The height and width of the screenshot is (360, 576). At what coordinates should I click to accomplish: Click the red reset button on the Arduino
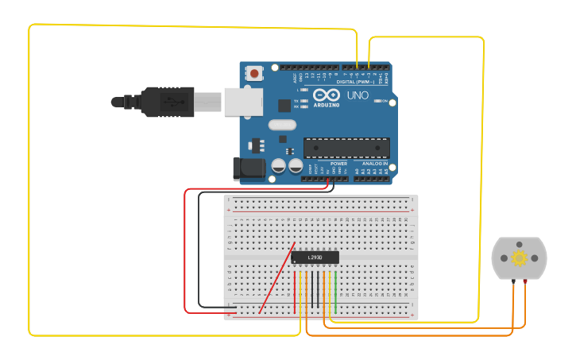point(254,73)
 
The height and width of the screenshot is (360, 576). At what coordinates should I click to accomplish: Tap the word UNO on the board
point(358,95)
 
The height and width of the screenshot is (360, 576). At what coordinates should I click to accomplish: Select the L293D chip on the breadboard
point(315,257)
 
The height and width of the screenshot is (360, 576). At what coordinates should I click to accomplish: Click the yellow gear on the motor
point(520,257)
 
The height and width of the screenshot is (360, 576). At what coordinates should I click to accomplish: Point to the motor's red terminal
point(524,281)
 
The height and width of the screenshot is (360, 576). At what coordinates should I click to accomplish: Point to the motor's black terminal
point(514,281)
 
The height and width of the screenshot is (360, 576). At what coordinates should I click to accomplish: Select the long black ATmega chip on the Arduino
point(346,148)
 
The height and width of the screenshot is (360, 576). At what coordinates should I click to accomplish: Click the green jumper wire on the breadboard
point(335,292)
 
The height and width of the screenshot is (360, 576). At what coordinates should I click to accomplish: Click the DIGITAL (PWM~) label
point(355,81)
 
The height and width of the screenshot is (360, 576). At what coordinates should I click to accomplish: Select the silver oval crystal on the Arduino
point(282,125)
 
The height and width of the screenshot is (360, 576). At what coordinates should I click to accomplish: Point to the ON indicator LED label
point(385,101)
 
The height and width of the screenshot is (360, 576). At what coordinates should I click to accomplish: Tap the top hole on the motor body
point(519,245)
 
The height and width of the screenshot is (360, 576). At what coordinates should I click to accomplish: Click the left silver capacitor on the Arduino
point(279,166)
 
